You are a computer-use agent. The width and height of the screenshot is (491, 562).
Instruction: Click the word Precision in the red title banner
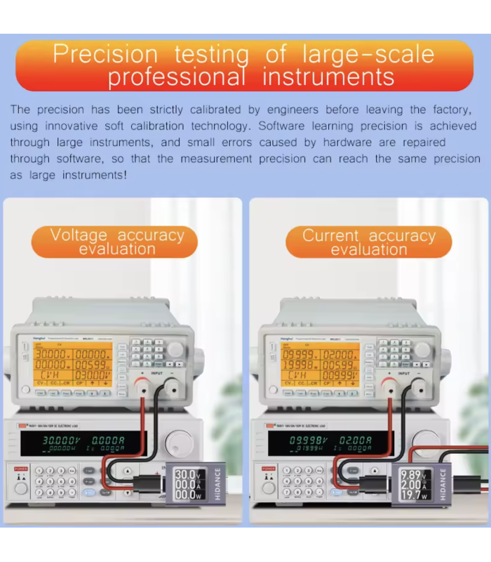(105, 55)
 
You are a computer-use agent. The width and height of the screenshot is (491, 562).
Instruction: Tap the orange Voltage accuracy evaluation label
(116, 242)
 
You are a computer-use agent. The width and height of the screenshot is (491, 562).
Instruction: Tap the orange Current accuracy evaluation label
(369, 242)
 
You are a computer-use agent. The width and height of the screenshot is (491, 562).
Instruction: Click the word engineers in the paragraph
(284, 110)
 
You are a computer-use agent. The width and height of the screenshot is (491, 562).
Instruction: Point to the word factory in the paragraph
(448, 110)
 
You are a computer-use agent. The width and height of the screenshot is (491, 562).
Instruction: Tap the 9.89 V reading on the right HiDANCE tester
(412, 476)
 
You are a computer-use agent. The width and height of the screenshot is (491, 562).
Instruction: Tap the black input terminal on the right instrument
(419, 384)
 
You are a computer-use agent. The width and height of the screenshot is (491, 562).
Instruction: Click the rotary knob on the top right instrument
(422, 349)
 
